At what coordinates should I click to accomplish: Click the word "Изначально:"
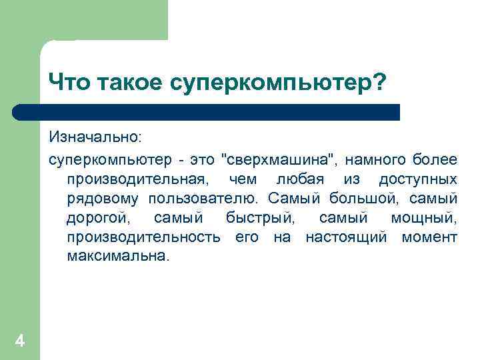click(94, 137)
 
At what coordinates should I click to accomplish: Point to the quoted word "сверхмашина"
click(279, 160)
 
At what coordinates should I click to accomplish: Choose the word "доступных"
click(418, 179)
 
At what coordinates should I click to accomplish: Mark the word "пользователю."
click(207, 199)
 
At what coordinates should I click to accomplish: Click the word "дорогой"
click(99, 218)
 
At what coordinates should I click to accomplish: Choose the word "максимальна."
click(119, 257)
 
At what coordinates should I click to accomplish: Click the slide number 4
click(20, 342)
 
